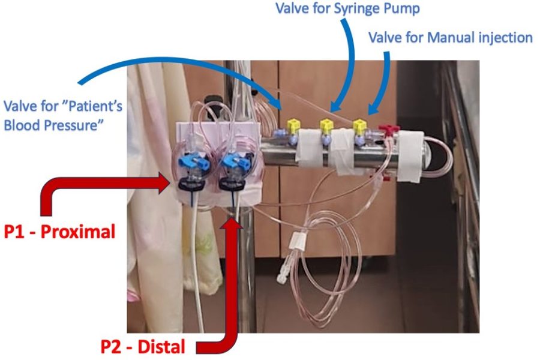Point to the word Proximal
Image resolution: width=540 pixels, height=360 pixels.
(x=78, y=232)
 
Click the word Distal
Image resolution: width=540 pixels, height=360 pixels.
(x=161, y=347)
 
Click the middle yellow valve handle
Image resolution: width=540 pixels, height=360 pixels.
(x=326, y=126)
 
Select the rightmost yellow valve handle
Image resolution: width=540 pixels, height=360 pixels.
(x=359, y=127)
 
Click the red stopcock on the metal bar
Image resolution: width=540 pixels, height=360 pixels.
(x=389, y=130)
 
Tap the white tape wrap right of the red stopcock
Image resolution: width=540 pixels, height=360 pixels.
(x=410, y=157)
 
